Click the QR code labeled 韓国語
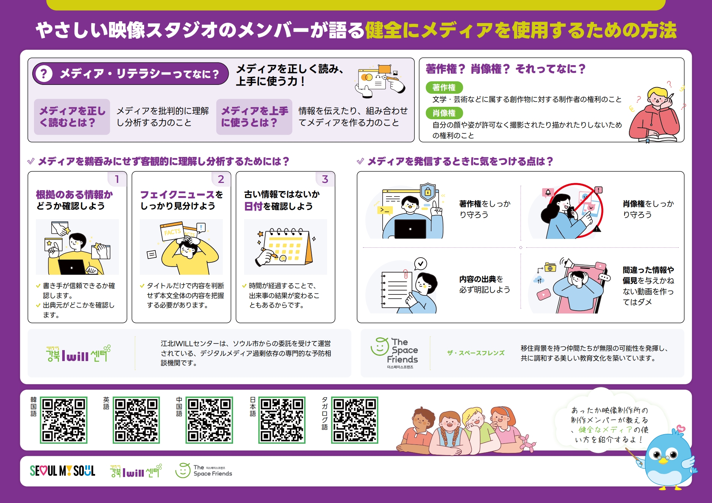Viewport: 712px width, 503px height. tap(64, 420)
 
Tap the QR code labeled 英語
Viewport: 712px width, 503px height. tap(136, 420)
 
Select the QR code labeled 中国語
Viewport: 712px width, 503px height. tap(209, 420)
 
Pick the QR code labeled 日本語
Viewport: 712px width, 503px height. tap(282, 420)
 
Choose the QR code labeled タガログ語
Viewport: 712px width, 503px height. tap(355, 420)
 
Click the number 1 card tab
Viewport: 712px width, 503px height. tap(117, 179)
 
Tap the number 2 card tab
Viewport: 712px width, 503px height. tap(221, 179)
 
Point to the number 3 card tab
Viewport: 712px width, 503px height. tap(325, 179)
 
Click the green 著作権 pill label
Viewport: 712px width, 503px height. tap(444, 87)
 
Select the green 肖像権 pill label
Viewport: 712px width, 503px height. tap(444, 113)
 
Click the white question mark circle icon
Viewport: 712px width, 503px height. tap(44, 74)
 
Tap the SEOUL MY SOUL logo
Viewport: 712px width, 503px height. tap(63, 471)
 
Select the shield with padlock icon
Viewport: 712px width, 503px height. tap(428, 192)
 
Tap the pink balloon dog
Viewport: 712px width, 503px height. tap(527, 443)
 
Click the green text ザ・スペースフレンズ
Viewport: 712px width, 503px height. tap(476, 353)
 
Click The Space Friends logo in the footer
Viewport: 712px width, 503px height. tap(204, 470)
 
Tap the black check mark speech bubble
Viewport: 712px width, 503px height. tap(421, 263)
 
